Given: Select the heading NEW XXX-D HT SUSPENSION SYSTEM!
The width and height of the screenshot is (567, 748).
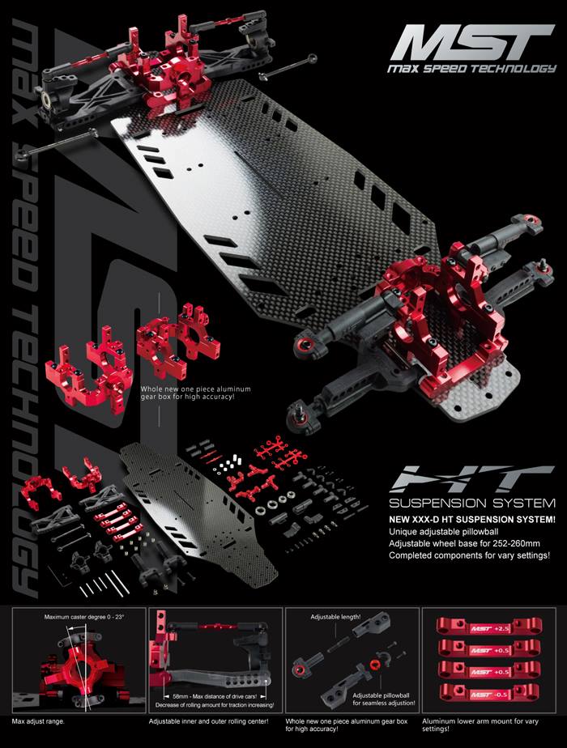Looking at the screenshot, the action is [471, 517].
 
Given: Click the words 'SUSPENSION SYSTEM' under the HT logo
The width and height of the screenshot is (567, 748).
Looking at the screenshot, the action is [471, 500].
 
